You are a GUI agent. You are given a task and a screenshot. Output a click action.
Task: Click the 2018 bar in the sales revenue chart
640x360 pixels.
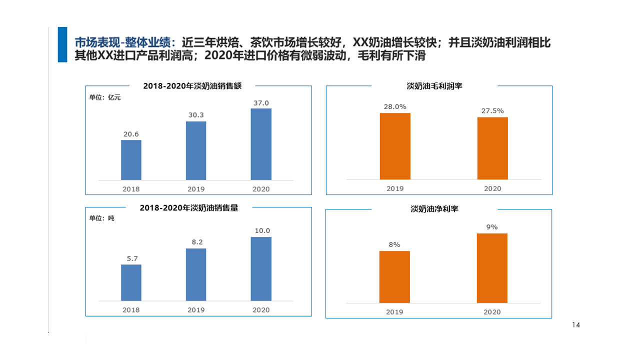[x=131, y=160]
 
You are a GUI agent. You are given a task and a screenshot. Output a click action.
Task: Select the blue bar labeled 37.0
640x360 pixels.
[x=261, y=144]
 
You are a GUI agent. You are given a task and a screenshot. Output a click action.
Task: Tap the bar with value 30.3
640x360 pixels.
[x=196, y=150]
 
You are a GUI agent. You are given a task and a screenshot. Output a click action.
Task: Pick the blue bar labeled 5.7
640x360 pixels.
[x=131, y=282]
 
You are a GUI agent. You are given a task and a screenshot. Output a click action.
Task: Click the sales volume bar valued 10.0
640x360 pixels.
[x=261, y=269]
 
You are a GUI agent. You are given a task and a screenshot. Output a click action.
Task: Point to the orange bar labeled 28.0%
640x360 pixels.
[x=395, y=146]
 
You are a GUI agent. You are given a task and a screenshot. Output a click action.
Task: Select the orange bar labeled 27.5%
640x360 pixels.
[x=492, y=148]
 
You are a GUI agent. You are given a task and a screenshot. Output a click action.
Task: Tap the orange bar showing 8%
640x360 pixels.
[x=394, y=276]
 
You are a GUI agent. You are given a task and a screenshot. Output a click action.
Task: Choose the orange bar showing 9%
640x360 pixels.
[x=492, y=268]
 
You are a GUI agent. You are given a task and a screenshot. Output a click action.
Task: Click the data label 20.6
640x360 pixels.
[x=131, y=134]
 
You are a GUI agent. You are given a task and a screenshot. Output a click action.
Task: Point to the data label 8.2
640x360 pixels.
[x=196, y=242]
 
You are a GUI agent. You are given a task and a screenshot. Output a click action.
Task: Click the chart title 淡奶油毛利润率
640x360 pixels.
[x=434, y=86]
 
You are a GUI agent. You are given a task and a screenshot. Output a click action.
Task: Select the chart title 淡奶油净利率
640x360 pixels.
[x=434, y=209]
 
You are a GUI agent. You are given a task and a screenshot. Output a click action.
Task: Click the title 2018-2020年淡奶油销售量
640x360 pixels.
[x=189, y=208]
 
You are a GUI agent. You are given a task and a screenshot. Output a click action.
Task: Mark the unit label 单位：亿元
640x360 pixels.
[x=105, y=97]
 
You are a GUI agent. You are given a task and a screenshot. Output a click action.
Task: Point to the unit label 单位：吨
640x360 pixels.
[x=101, y=218]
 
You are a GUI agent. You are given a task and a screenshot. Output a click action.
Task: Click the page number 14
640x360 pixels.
[x=576, y=325]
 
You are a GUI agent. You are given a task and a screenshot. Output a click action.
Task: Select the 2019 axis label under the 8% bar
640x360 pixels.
[x=394, y=312]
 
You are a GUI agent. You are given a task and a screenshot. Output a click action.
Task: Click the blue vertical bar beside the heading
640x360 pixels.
[x=62, y=44]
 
